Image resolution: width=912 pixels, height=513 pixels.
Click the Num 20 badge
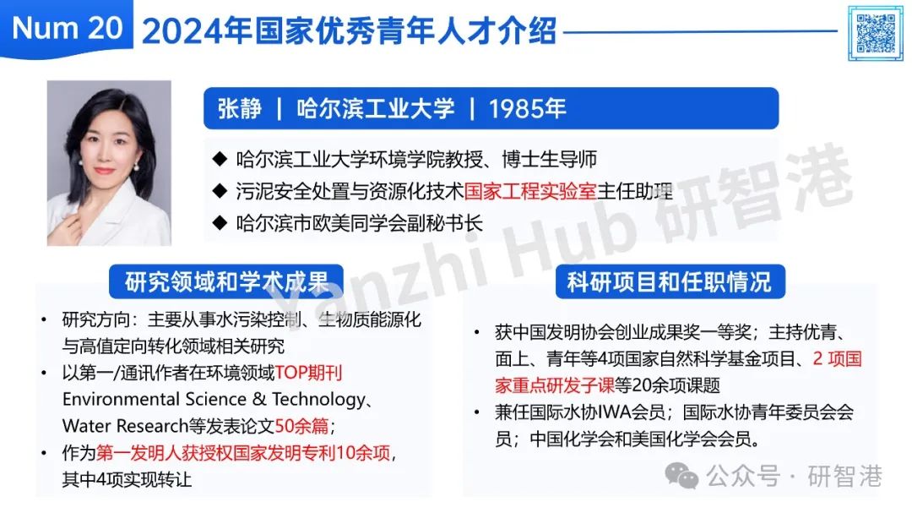(x=67, y=28)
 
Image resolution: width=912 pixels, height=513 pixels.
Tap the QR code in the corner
(x=876, y=33)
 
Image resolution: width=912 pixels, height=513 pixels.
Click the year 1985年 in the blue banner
(x=527, y=108)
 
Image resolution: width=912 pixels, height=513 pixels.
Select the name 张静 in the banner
(x=240, y=108)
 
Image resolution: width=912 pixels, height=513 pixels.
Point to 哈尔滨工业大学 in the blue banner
(x=375, y=108)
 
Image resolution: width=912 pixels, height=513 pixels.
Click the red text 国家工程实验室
(x=530, y=191)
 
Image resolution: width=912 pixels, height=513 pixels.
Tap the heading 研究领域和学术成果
(x=226, y=281)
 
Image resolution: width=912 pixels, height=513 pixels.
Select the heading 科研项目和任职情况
(x=670, y=281)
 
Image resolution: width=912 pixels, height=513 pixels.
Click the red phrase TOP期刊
(x=308, y=373)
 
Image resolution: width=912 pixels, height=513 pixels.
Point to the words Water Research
(x=125, y=426)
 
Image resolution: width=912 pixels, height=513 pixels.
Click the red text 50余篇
(x=301, y=426)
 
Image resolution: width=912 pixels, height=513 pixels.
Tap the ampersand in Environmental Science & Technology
(x=259, y=399)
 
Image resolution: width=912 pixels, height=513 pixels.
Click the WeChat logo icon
(x=681, y=476)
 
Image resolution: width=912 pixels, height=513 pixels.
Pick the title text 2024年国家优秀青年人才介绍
(x=350, y=30)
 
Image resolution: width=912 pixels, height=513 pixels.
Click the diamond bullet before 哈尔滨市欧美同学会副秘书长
(x=220, y=222)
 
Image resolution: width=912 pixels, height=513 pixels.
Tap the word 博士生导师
(x=550, y=159)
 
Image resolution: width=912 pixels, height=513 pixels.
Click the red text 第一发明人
(x=132, y=452)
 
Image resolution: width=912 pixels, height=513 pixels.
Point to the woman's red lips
(x=105, y=171)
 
